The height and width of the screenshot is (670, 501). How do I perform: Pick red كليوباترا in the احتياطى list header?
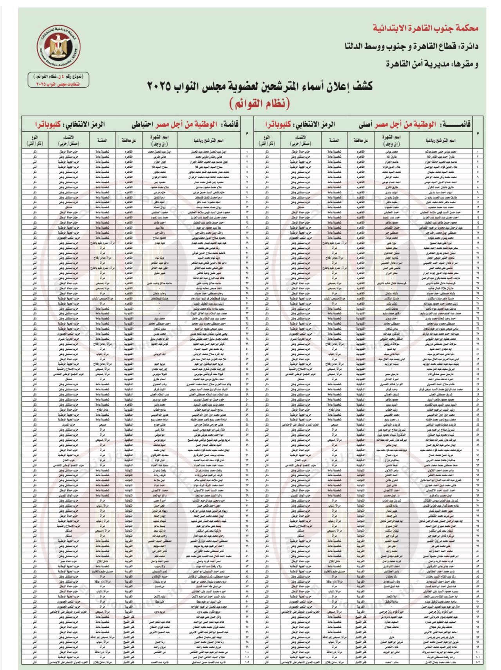click(x=52, y=124)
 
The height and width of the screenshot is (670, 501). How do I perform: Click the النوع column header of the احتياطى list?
click(x=35, y=139)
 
